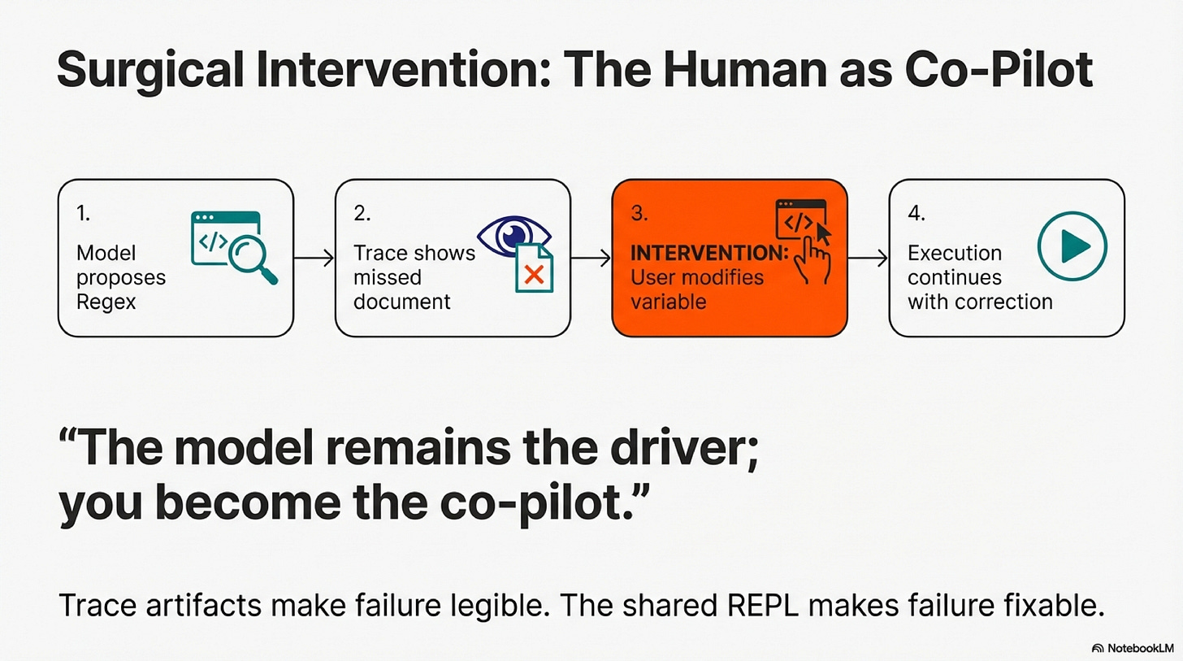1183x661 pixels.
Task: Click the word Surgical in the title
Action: click(x=150, y=71)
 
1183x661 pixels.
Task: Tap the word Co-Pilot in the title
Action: click(x=998, y=69)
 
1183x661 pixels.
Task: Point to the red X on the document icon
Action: click(x=535, y=275)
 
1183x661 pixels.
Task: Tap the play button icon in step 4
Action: click(x=1072, y=246)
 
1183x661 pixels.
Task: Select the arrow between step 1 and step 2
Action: click(x=314, y=258)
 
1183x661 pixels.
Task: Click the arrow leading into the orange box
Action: click(x=591, y=258)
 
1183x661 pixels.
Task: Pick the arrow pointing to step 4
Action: click(x=868, y=258)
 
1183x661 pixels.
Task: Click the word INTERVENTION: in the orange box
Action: click(x=709, y=253)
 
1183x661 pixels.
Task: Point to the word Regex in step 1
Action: click(x=106, y=302)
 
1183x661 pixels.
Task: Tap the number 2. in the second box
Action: click(x=362, y=213)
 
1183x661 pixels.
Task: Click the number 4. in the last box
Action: click(x=916, y=213)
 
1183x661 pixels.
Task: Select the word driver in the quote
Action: click(x=684, y=447)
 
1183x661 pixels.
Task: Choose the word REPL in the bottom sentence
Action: click(x=763, y=606)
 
